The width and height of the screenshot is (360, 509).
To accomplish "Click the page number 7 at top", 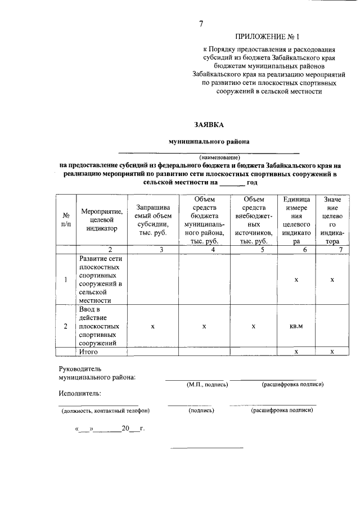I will point(200,24).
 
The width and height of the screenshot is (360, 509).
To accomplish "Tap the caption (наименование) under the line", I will point(219,156).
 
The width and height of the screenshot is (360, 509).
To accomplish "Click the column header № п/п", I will point(66,220).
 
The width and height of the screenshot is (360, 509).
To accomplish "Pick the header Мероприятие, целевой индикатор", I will point(102,220).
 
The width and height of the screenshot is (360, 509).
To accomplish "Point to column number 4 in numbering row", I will point(205,250).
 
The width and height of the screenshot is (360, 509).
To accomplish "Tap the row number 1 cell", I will point(66,280).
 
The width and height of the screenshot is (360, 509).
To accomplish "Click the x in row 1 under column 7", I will point(332,280).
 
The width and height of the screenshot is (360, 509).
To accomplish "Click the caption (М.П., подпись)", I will point(207,385).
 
